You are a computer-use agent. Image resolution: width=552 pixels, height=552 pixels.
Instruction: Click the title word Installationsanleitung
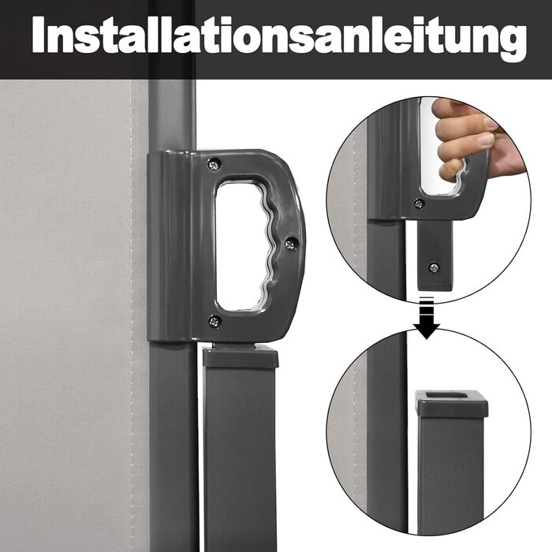pyautogui.click(x=279, y=38)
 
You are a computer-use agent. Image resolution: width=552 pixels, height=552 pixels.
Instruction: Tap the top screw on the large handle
pyautogui.click(x=214, y=164)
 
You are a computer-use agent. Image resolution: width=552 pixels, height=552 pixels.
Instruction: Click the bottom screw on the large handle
pyautogui.click(x=214, y=321)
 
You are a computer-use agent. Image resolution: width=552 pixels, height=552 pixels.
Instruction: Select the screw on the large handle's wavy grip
pyautogui.click(x=291, y=244)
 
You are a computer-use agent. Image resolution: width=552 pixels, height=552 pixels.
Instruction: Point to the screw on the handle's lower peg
pyautogui.click(x=434, y=267)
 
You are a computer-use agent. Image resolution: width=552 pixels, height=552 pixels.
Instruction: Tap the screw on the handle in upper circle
pyautogui.click(x=419, y=203)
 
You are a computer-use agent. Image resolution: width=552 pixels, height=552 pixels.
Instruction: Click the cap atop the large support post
pyautogui.click(x=241, y=356)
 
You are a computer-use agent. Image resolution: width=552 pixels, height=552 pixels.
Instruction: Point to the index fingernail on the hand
pyautogui.click(x=486, y=141)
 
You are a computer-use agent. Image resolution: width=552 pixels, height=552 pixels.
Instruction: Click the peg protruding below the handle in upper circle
pyautogui.click(x=435, y=255)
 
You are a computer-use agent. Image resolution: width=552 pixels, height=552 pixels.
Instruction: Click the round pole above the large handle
pyautogui.click(x=172, y=115)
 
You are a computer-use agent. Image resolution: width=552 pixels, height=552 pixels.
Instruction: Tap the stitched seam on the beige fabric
pyautogui.click(x=131, y=317)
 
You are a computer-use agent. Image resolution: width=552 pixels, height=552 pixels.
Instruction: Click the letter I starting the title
pyautogui.click(x=39, y=35)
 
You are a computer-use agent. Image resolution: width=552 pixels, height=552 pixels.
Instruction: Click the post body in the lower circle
pyautogui.click(x=450, y=472)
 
